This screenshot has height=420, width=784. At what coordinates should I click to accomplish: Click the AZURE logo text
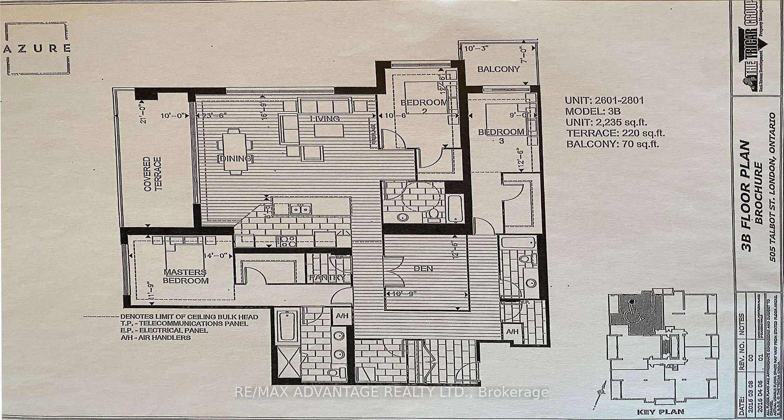(x=38, y=48)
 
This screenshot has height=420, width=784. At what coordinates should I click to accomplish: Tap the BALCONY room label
(x=498, y=69)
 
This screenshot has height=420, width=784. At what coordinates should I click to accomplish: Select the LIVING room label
(x=325, y=118)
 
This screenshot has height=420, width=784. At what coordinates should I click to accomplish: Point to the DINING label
(x=236, y=158)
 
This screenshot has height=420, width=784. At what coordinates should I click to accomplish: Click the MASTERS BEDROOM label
(x=185, y=277)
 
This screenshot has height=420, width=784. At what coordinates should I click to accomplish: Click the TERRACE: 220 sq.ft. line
(x=615, y=133)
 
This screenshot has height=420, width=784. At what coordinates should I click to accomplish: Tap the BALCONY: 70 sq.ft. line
(x=612, y=144)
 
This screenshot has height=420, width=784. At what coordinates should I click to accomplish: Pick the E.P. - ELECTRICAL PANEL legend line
(x=166, y=330)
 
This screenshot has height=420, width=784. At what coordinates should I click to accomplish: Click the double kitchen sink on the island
(x=299, y=210)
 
